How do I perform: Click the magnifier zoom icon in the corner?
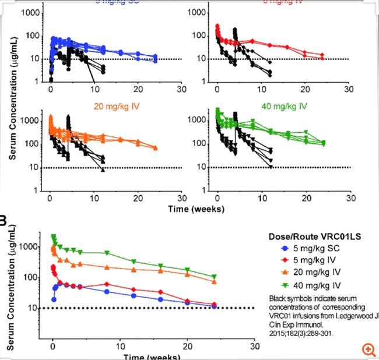368,349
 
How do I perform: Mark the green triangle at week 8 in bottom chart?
107,253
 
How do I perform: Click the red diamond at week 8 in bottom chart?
107,284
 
